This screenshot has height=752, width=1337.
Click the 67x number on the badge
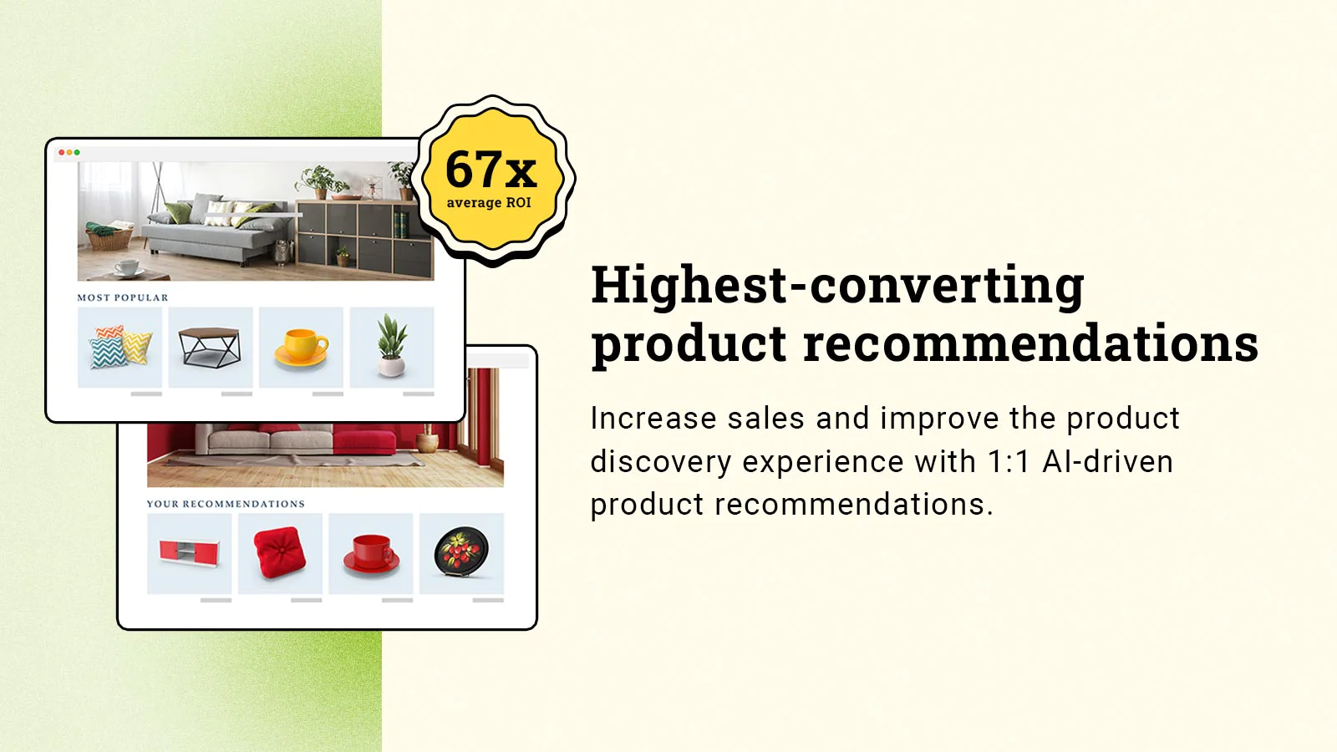(491, 170)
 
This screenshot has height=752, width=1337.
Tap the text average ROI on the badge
(489, 203)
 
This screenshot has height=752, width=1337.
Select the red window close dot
(62, 153)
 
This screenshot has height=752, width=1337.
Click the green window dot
(77, 153)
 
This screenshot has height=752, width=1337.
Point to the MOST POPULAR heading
(123, 297)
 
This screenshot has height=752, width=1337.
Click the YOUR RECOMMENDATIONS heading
(226, 504)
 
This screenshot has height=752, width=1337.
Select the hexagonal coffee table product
(210, 348)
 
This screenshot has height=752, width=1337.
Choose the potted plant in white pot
(392, 345)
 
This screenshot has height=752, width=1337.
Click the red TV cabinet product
(190, 552)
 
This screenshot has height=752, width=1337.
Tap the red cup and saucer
(371, 555)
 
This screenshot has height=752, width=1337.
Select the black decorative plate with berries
(461, 552)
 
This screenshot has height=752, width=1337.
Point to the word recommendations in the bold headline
(1031, 343)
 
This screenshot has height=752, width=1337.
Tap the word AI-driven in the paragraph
(1108, 462)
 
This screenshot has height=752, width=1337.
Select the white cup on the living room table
(126, 268)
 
